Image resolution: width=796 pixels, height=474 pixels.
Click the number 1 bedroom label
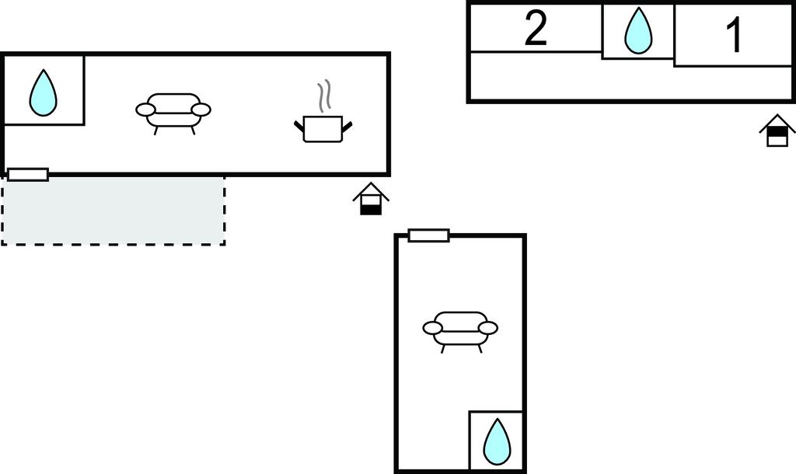click(734, 35)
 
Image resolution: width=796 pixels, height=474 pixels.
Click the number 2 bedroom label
click(536, 30)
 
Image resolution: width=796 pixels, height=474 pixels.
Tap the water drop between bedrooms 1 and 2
click(638, 31)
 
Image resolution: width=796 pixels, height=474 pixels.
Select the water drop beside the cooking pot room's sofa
click(43, 92)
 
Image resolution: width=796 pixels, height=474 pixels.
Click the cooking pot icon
click(323, 128)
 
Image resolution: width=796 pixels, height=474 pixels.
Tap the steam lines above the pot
click(325, 95)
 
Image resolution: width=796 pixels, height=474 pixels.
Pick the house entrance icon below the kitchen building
click(371, 199)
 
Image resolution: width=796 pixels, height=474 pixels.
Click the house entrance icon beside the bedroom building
click(777, 131)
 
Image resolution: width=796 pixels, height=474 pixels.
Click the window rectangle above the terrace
click(28, 175)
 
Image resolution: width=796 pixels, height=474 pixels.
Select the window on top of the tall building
click(428, 235)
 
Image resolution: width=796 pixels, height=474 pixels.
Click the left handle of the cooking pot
click(298, 125)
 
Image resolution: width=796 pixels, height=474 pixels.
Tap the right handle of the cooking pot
click(347, 125)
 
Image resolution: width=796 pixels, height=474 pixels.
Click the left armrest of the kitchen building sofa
click(145, 110)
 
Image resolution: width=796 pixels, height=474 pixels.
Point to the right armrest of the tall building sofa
click(488, 328)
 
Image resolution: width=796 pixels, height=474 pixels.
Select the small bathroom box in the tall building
click(496, 439)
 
